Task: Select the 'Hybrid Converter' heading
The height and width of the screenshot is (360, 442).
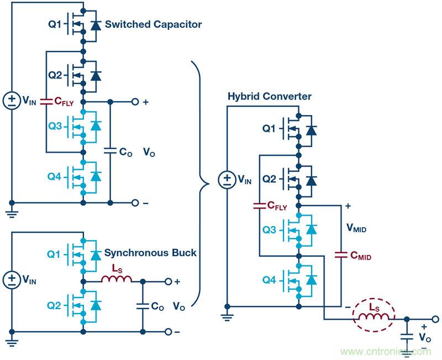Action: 270,97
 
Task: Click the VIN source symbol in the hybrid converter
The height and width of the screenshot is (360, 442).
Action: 227,180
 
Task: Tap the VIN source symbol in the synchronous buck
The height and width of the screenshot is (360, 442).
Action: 12,279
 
